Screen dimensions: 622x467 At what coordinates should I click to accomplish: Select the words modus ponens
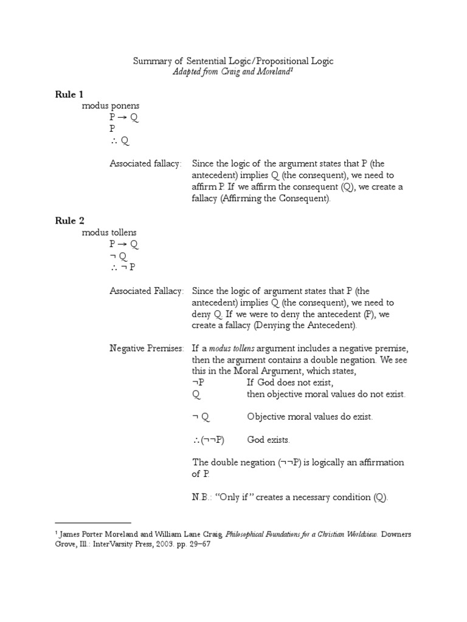pyautogui.click(x=110, y=106)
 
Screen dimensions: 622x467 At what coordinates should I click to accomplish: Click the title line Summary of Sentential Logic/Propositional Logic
pyautogui.click(x=233, y=61)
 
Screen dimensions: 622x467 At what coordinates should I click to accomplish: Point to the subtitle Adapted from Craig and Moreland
pyautogui.click(x=233, y=72)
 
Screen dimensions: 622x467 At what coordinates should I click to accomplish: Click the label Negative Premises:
pyautogui.click(x=146, y=348)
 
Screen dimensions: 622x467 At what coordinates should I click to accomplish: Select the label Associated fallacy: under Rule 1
pyautogui.click(x=145, y=163)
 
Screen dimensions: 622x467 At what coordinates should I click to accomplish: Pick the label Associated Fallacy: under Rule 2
pyautogui.click(x=146, y=291)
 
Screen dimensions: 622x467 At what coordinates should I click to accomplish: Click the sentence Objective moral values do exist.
pyautogui.click(x=310, y=417)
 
